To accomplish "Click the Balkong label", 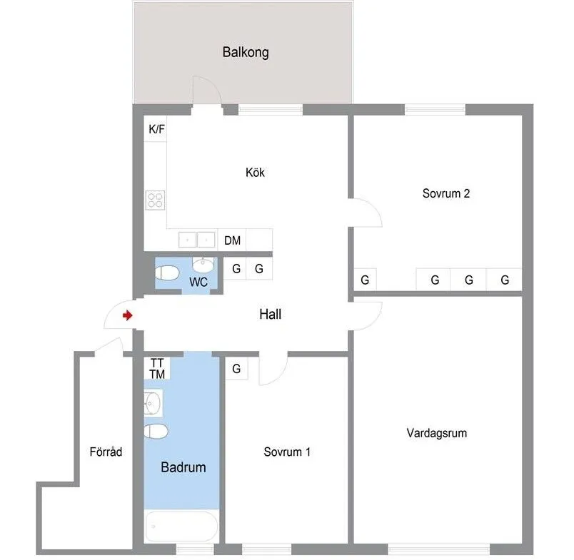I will [x=245, y=53].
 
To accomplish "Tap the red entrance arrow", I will [x=127, y=315].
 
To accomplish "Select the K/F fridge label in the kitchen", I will [x=156, y=130].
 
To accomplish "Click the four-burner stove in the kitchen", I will [x=156, y=200].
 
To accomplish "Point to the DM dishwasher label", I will [x=232, y=240].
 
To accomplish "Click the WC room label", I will [x=198, y=282].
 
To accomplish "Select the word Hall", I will [x=270, y=314].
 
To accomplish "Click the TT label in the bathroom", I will [x=157, y=362].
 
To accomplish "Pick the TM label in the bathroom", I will [x=157, y=374].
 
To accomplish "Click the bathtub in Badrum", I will [x=181, y=528].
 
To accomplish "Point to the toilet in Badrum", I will [x=156, y=431].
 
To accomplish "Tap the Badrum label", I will [x=183, y=468].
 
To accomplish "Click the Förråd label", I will [x=106, y=452].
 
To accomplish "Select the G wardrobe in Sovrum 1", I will [x=236, y=369].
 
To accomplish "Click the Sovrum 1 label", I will [x=286, y=452].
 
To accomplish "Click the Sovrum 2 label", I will [x=445, y=193].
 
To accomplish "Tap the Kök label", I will [x=255, y=172].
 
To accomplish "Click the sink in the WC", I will [x=203, y=265].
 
